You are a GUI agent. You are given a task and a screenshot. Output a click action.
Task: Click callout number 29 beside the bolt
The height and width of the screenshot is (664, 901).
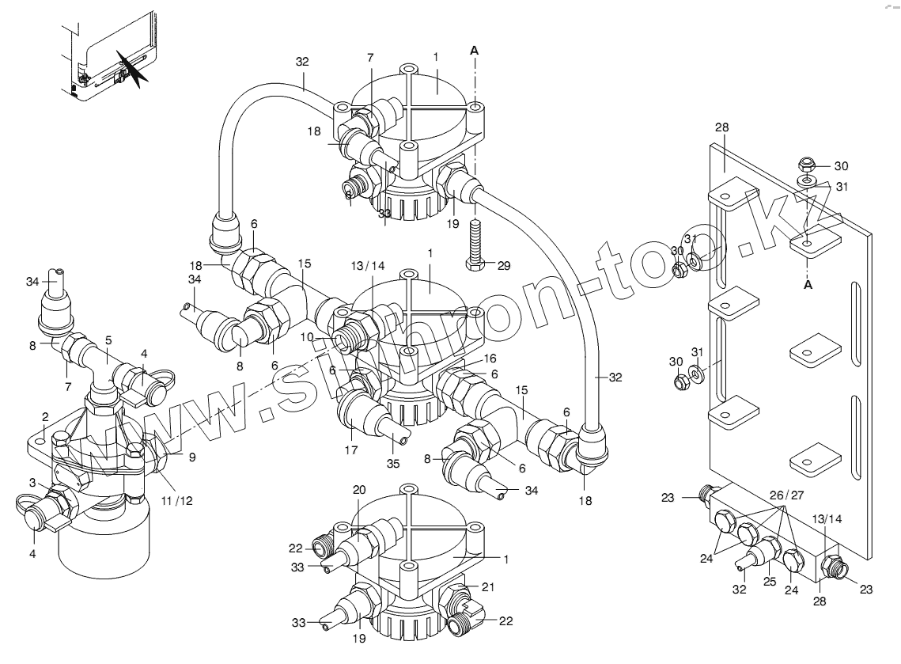pyautogui.click(x=504, y=264)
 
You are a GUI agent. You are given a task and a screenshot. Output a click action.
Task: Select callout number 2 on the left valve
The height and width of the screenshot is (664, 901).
pyautogui.click(x=46, y=415)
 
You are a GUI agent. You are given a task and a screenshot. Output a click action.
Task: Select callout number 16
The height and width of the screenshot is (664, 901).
pyautogui.click(x=490, y=358)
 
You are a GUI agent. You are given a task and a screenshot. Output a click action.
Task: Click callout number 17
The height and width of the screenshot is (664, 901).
pyautogui.click(x=351, y=450)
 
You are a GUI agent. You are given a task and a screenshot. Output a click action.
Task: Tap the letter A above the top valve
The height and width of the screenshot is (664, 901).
pyautogui.click(x=474, y=50)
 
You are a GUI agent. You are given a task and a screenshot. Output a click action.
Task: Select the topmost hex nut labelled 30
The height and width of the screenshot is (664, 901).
pyautogui.click(x=805, y=165)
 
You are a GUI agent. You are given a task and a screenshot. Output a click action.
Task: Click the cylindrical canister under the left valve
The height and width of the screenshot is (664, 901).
pyautogui.click(x=104, y=546)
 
